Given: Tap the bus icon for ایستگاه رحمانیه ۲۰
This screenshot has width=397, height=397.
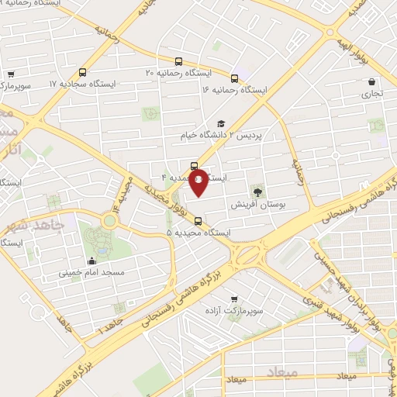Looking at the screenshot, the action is click(x=179, y=61).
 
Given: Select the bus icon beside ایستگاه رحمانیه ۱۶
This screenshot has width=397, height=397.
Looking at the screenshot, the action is click(x=234, y=78).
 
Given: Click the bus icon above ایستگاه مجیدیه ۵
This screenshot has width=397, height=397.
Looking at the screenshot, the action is click(x=198, y=221).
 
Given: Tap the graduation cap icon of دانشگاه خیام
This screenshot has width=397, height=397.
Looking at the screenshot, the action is click(x=221, y=123).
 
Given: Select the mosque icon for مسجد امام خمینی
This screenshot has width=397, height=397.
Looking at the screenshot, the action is click(x=93, y=261).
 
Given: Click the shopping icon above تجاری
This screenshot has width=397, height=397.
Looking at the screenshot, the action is click(x=372, y=81).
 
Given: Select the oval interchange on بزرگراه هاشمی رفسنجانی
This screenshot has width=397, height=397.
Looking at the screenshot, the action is click(x=248, y=254).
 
